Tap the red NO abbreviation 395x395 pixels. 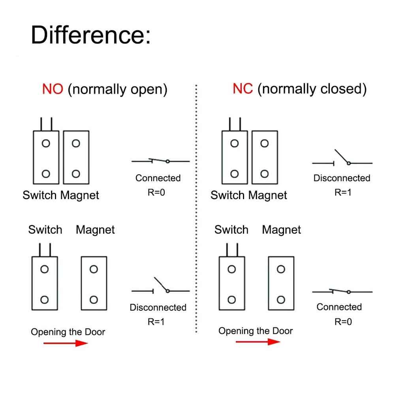tap(53, 89)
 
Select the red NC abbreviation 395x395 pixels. tap(243, 89)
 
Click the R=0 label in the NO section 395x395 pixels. tap(158, 192)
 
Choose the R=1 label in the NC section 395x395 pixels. tap(343, 192)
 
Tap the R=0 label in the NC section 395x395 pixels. tap(343, 322)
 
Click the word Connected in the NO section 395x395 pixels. tap(158, 178)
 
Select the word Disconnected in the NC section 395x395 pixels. tap(342, 178)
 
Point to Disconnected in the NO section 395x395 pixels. tap(158, 307)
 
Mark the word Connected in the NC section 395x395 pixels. tap(339, 307)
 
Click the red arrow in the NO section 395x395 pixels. tap(65, 343)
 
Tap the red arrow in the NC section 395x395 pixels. tap(258, 342)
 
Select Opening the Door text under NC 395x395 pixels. tap(256, 331)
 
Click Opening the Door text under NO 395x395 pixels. tap(68, 332)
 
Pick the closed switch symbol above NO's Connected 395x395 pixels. tap(160, 161)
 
